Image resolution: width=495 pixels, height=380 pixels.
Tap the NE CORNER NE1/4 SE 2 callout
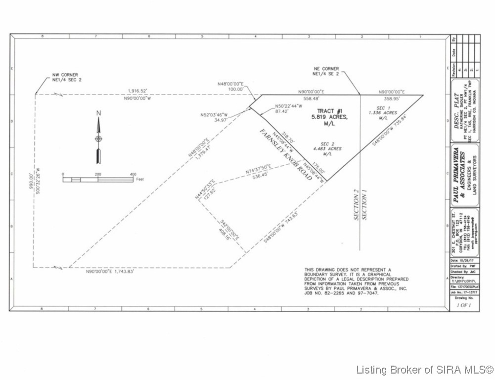326,71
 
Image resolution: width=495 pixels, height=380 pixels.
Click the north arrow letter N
98,113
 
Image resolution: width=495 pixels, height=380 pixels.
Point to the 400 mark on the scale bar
133,175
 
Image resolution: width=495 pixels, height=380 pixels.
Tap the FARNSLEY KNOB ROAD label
286,154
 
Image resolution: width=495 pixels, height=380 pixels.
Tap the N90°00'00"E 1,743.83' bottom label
109,272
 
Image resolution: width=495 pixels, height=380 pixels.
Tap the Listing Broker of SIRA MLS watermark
424,369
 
